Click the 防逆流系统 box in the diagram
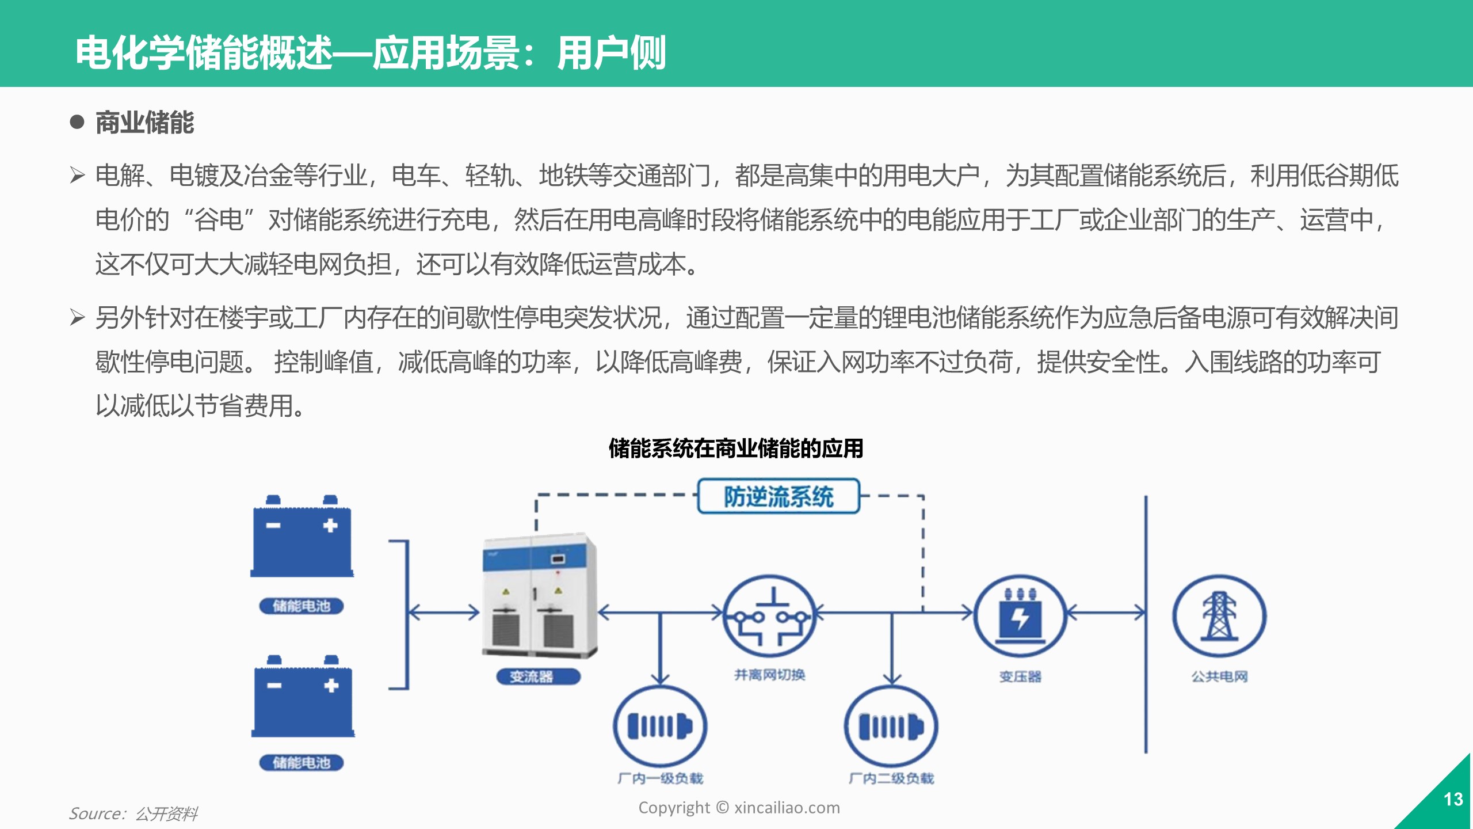(779, 496)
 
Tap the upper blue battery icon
(302, 537)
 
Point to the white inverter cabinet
(539, 596)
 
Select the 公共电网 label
(1219, 676)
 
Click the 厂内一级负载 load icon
(660, 726)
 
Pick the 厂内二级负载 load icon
(891, 726)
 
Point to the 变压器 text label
(1020, 676)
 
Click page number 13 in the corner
(1453, 799)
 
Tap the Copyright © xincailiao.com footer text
(739, 808)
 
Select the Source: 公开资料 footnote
(133, 813)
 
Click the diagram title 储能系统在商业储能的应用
(736, 448)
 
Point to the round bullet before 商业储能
(77, 122)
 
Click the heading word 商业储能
(144, 123)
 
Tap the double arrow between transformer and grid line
(1105, 614)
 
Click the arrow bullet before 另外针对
(77, 317)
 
